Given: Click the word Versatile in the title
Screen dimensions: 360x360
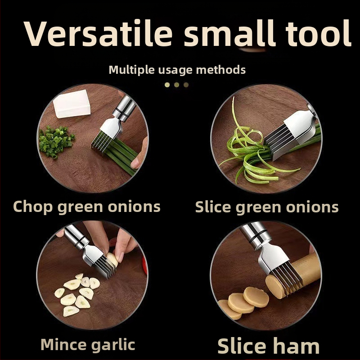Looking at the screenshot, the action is click(98, 33).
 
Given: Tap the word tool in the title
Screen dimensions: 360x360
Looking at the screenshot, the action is click(318, 33).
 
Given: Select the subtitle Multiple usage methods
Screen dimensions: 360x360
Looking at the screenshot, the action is click(177, 70).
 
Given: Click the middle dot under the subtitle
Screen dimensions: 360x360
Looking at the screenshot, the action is click(176, 85).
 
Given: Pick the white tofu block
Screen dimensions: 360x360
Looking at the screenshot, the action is click(72, 104).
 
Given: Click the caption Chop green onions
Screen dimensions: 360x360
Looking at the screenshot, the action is click(86, 207).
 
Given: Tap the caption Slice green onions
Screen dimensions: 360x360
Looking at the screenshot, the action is click(267, 207).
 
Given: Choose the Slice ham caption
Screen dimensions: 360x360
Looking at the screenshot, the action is click(268, 346).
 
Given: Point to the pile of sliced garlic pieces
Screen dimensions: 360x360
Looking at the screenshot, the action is click(76, 295).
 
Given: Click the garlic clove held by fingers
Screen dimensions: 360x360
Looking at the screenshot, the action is click(112, 259).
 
